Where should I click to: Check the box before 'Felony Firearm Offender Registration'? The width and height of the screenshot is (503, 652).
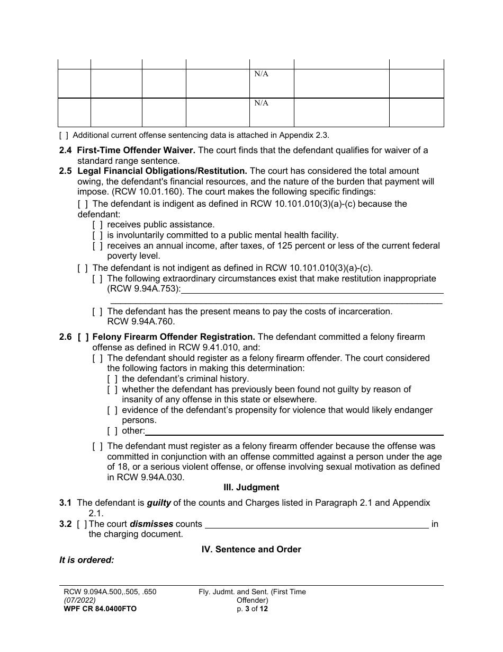(x=83, y=337)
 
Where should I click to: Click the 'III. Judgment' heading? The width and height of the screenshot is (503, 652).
(x=251, y=487)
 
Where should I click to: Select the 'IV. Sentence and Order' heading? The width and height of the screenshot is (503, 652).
(x=251, y=549)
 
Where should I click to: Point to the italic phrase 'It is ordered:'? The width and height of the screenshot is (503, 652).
(x=87, y=560)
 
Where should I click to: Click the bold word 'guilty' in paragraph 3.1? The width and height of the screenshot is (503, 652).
(x=159, y=503)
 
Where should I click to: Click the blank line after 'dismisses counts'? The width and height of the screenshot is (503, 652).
(x=316, y=525)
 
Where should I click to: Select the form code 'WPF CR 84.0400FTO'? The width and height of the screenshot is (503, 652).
(x=98, y=609)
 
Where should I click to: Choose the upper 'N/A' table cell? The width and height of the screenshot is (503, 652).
(x=262, y=74)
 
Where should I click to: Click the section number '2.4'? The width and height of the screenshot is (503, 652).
(x=66, y=150)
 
